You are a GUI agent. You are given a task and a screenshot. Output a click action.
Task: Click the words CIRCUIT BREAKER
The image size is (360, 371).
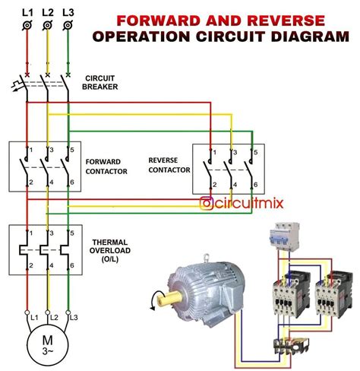tap(101, 82)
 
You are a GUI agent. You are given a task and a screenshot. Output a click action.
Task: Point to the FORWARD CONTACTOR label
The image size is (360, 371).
tap(106, 166)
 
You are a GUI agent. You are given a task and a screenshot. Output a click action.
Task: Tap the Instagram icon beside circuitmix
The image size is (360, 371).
tap(205, 203)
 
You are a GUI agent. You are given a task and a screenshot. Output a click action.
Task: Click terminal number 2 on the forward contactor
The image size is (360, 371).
tap(30, 183)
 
